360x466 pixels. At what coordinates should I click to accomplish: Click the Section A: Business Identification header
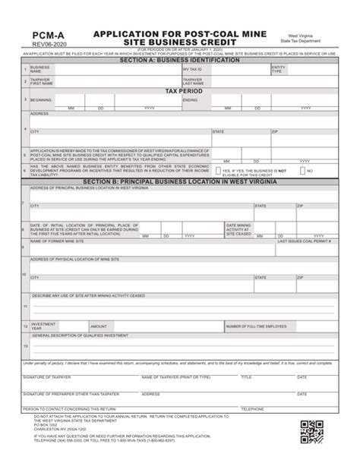[179, 61]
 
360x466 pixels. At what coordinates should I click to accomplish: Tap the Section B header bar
[179, 184]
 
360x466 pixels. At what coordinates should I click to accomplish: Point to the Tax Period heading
[179, 90]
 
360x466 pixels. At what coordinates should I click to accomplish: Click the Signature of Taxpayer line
[76, 371]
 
